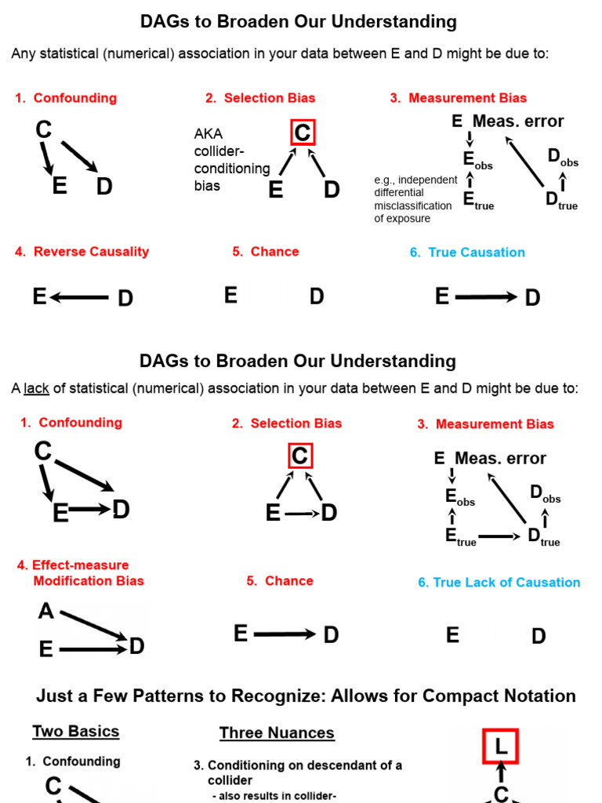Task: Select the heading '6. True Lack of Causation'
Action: point(499,583)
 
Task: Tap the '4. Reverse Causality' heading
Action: point(82,252)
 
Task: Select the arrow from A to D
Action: point(92,627)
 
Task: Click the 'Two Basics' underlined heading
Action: point(76,732)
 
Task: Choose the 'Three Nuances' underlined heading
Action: point(277,733)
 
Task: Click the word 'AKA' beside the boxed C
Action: point(207,134)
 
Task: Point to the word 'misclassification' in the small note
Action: point(413,205)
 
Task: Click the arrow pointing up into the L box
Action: point(502,774)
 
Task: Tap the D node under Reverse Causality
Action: point(125,299)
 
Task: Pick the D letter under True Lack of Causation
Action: point(539,636)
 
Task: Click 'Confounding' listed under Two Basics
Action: point(82,761)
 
